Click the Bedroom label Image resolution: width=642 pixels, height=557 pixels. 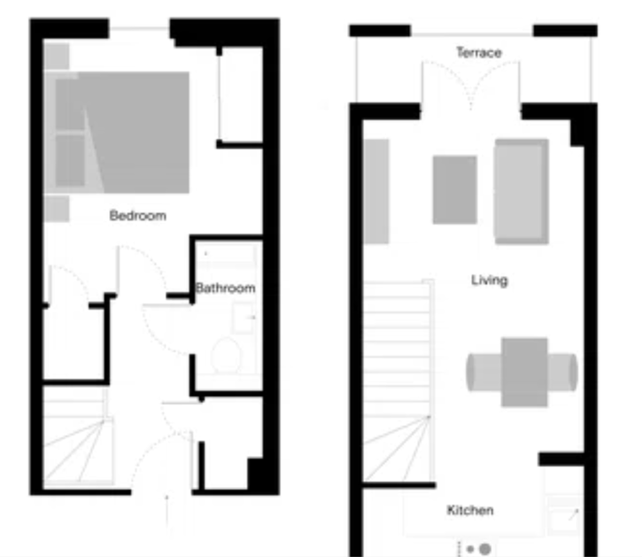click(x=138, y=215)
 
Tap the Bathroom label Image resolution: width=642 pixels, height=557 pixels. click(x=225, y=287)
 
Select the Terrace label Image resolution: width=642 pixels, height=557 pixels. click(x=479, y=53)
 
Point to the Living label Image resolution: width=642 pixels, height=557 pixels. click(x=489, y=280)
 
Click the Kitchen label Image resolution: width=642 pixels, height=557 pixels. click(x=470, y=510)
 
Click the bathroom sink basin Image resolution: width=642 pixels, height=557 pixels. click(x=243, y=318)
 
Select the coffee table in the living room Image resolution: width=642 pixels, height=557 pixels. click(x=455, y=189)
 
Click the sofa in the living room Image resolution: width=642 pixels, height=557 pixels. click(x=521, y=191)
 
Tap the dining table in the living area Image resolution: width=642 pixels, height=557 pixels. click(x=525, y=372)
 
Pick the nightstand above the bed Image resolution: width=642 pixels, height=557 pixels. click(x=56, y=56)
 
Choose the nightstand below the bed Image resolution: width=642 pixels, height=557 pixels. click(x=56, y=209)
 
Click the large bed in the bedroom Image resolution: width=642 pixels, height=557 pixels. click(x=117, y=132)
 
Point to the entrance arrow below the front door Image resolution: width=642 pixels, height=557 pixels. click(x=167, y=511)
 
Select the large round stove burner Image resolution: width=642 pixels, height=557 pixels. click(x=485, y=549)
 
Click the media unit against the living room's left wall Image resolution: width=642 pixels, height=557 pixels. click(x=376, y=191)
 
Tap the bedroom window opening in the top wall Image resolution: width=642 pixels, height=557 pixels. click(x=139, y=29)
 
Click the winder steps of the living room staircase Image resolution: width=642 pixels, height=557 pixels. click(x=396, y=449)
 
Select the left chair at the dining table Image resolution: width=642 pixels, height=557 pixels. click(x=484, y=372)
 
